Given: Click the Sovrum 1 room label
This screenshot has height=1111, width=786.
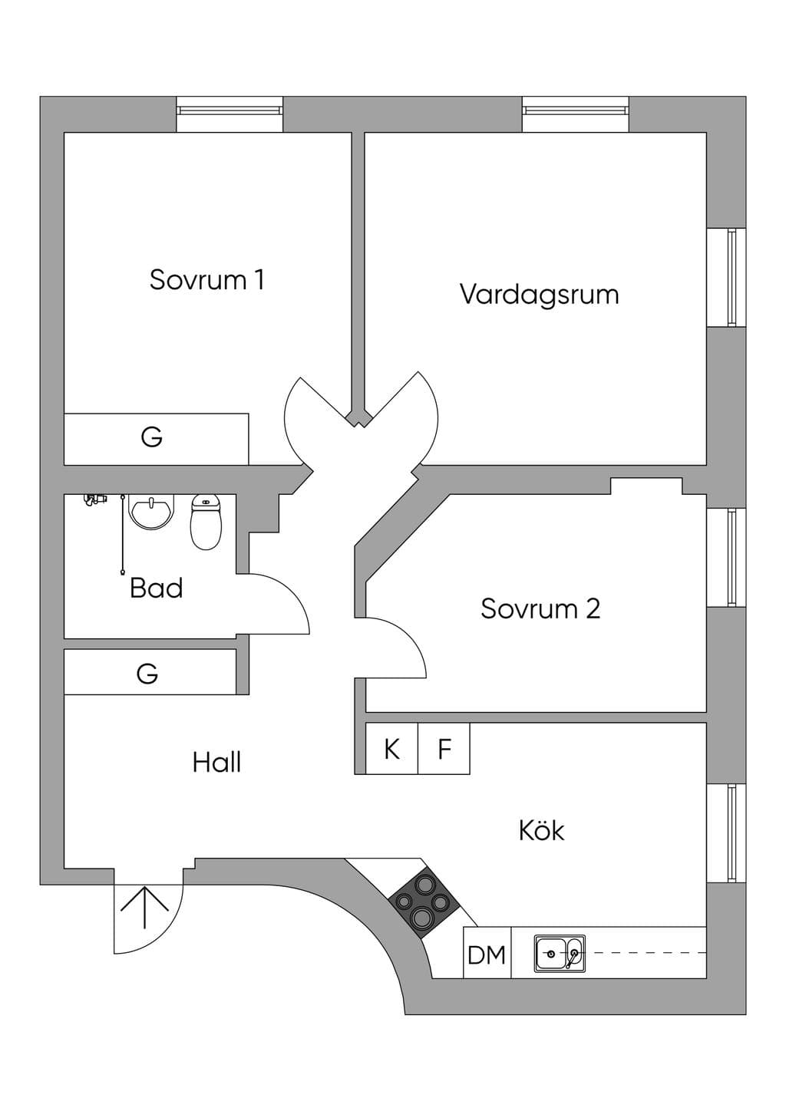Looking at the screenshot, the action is pos(206,280).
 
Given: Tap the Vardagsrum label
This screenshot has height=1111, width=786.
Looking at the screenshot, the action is pos(540,295).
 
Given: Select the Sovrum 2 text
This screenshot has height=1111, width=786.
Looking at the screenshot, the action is pos(540,608).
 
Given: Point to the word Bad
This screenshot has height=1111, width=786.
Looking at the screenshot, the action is pos(157,588).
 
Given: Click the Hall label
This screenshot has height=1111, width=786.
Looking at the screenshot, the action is pos(217,763).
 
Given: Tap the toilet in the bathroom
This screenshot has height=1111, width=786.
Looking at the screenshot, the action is pos(206,522).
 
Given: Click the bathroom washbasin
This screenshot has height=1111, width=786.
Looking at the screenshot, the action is pos(152,512).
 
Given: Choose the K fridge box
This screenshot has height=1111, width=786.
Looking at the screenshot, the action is pos(391,748).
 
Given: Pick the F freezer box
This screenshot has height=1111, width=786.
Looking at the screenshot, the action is pos(444,748).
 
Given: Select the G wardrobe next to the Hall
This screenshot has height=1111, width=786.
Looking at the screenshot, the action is pos(150,672).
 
